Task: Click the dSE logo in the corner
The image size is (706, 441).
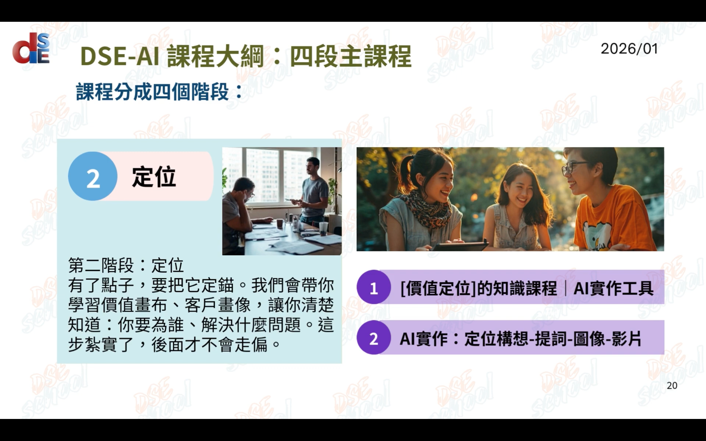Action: (31, 48)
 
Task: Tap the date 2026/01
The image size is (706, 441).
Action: (629, 49)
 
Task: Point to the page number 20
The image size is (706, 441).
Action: (672, 386)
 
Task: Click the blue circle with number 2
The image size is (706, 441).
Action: (93, 176)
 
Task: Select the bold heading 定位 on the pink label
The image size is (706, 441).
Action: (154, 177)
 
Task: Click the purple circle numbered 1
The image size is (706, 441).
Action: (374, 287)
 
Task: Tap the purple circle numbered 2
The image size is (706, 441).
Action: (374, 337)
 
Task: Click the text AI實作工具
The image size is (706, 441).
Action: (613, 288)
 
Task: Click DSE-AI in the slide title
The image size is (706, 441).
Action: (120, 56)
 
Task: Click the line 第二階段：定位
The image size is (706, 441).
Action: (126, 265)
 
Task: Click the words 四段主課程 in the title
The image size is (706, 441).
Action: (350, 56)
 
